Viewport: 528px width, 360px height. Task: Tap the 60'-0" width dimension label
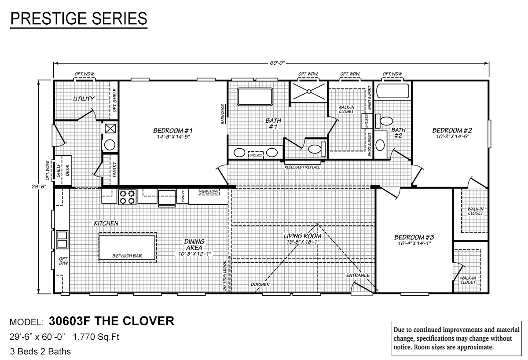click(x=275, y=63)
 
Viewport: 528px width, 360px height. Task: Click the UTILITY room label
click(x=84, y=99)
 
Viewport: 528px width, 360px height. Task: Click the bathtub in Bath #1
click(x=255, y=96)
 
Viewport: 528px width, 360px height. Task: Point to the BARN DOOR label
click(x=224, y=114)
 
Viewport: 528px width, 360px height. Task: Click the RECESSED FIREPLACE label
click(x=302, y=167)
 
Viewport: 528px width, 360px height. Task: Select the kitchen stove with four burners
click(x=128, y=197)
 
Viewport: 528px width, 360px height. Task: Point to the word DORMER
click(x=260, y=284)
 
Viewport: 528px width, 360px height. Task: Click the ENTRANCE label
click(x=358, y=276)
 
